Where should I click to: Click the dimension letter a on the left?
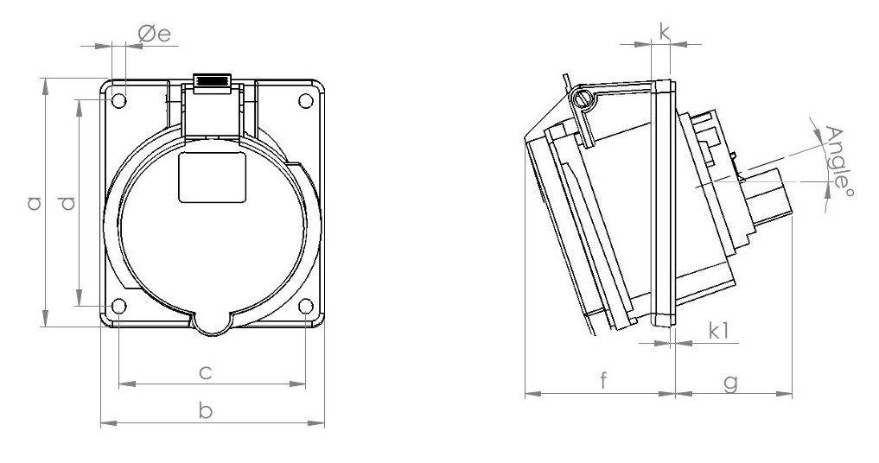[x=33, y=203]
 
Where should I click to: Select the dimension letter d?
[x=67, y=203]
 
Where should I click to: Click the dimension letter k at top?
[x=664, y=32]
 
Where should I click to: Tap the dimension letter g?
[x=730, y=381]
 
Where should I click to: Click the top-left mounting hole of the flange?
[x=119, y=100]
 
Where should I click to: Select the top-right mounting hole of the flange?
[x=306, y=100]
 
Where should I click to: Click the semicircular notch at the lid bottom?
[x=212, y=320]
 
